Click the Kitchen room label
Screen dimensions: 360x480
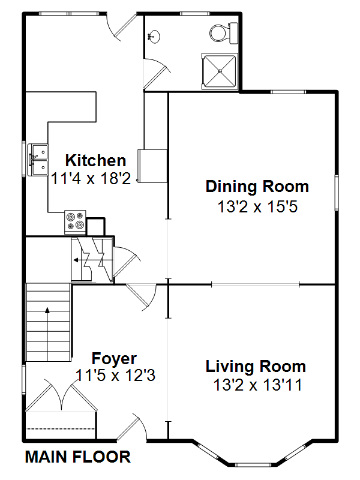pyautogui.click(x=95, y=160)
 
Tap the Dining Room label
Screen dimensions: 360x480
pyautogui.click(x=257, y=187)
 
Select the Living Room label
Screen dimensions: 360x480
pyautogui.click(x=256, y=367)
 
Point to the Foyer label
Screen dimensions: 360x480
pyautogui.click(x=114, y=358)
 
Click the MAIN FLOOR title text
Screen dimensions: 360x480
pyautogui.click(x=78, y=457)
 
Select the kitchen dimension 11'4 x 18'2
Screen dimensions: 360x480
pyautogui.click(x=91, y=178)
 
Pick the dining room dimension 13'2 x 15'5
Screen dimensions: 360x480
pyautogui.click(x=257, y=206)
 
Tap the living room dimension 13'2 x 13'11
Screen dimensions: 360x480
pyautogui.click(x=258, y=385)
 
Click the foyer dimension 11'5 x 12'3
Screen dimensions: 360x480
pyautogui.click(x=115, y=375)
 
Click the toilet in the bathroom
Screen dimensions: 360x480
pyautogui.click(x=224, y=33)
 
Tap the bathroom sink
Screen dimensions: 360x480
pyautogui.click(x=154, y=37)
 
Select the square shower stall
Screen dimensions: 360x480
pyautogui.click(x=220, y=71)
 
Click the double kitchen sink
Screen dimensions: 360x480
pyautogui.click(x=38, y=160)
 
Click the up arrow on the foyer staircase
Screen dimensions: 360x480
pyautogui.click(x=47, y=334)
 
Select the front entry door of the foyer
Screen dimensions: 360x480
pyautogui.click(x=132, y=429)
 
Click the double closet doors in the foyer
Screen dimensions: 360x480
pyautogui.click(x=61, y=395)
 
